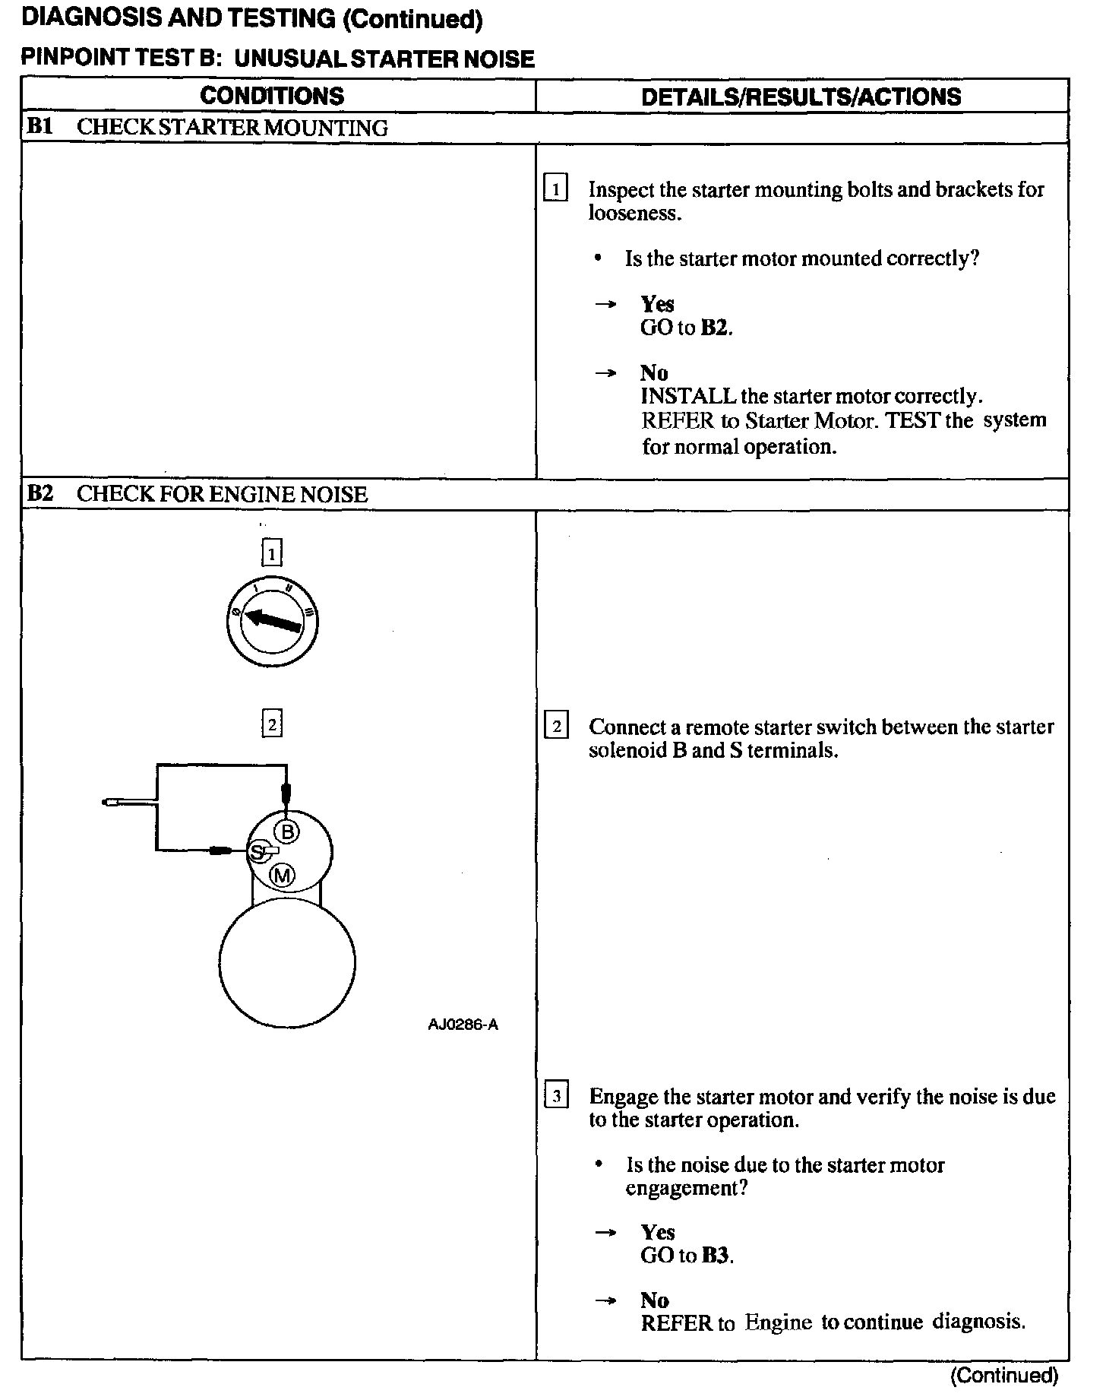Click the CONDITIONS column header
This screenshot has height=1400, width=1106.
point(272,96)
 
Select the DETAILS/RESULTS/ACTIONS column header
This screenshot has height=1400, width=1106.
point(801,97)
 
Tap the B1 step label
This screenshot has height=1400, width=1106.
point(39,126)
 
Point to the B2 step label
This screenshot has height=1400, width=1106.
point(39,493)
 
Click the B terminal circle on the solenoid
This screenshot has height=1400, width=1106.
point(288,832)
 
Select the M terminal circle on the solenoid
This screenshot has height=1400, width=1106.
point(283,876)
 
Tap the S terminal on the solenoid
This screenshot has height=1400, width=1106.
point(258,851)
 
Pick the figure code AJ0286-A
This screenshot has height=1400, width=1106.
point(463,1025)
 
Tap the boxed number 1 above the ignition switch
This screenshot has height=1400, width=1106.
point(271,553)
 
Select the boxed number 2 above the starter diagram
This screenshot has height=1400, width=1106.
point(271,724)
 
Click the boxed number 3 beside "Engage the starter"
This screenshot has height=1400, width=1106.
point(556,1096)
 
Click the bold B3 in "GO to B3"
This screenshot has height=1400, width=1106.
point(716,1255)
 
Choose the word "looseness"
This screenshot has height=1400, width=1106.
point(634,213)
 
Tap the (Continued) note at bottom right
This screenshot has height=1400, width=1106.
point(1003,1374)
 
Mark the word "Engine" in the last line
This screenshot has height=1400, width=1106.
point(779,1322)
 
